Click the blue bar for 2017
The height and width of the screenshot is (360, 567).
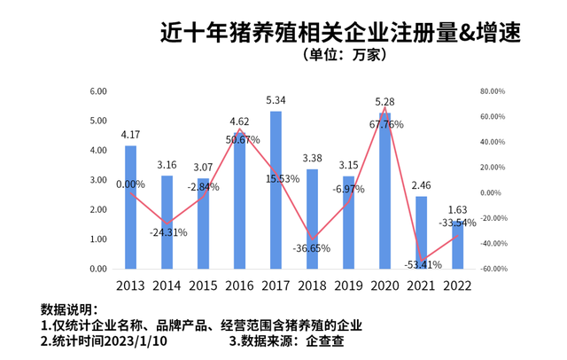[x=276, y=190]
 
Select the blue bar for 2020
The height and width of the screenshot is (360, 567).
[x=384, y=191]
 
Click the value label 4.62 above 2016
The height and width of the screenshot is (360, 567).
[x=239, y=121]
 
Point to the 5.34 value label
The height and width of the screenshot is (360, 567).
[x=276, y=100]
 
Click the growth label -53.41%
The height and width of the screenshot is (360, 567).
[x=421, y=263]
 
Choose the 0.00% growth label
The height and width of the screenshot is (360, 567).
[x=130, y=184]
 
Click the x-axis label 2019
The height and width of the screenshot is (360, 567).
[x=348, y=286]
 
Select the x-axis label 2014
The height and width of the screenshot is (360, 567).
[x=167, y=286]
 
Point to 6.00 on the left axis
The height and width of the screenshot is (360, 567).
[x=98, y=91]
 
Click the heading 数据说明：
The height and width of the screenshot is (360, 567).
[x=67, y=309]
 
